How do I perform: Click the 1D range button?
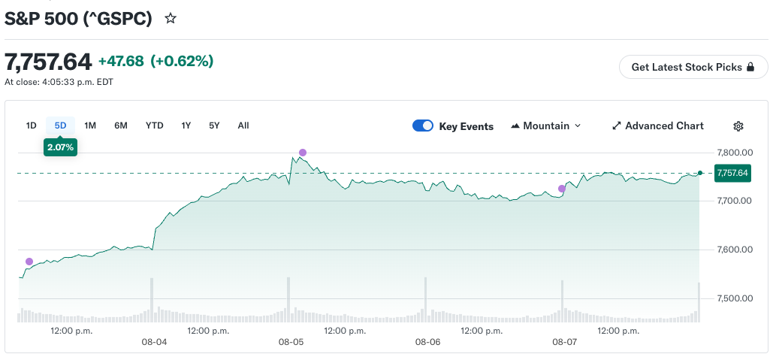click(32, 126)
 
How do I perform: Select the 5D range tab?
click(60, 126)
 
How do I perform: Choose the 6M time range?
click(121, 126)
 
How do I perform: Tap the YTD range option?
click(155, 126)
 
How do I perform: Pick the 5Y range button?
click(214, 126)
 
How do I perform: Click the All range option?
click(243, 126)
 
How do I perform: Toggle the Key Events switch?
click(423, 126)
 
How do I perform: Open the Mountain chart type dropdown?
click(545, 126)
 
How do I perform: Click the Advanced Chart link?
click(658, 126)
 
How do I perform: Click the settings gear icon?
click(738, 126)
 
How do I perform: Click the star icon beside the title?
click(171, 19)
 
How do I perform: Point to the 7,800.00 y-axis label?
click(735, 153)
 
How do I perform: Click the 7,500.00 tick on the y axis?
click(735, 298)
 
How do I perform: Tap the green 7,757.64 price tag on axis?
click(732, 174)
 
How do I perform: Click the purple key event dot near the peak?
click(303, 153)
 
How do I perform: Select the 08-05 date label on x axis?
click(291, 342)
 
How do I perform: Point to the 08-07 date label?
click(565, 342)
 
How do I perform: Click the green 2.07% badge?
click(60, 147)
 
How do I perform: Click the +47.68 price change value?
click(121, 62)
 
